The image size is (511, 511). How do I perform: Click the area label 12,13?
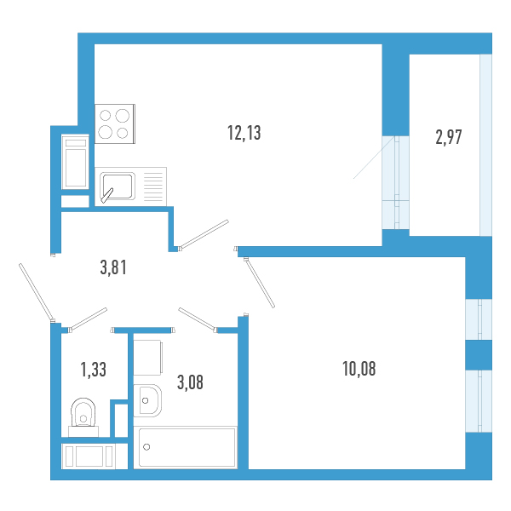pos(244,133)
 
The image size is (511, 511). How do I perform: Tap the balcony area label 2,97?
pos(449,137)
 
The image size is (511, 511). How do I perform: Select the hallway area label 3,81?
pos(113,267)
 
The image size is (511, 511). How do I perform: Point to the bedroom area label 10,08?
pos(359,369)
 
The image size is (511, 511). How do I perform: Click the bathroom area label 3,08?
pos(190,382)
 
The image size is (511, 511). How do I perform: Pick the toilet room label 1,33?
pos(93,370)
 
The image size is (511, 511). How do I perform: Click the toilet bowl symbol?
pos(83,416)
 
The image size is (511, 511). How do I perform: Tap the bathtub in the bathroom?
pos(186,447)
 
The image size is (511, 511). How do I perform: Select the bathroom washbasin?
pos(147,400)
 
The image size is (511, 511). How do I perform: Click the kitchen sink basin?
pos(118,186)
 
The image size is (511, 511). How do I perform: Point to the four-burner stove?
pos(115,123)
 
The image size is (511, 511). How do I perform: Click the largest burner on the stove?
pos(122,116)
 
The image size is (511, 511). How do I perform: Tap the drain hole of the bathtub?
pos(146,447)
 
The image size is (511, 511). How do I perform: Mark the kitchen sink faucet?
pos(107,195)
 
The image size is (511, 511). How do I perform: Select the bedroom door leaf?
pos(260,283)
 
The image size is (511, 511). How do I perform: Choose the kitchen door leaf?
pos(204,234)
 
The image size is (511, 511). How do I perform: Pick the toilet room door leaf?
pos(88,319)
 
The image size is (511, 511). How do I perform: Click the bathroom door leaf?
pos(197,319)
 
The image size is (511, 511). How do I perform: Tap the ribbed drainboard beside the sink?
pos(152,187)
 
